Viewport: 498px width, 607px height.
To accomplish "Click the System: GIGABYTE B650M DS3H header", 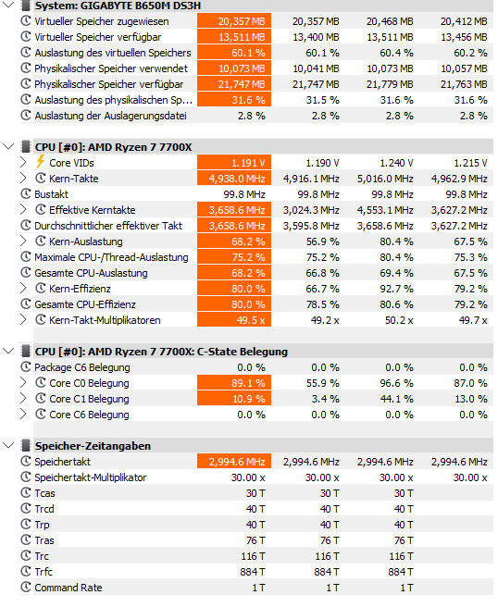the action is pos(118,6).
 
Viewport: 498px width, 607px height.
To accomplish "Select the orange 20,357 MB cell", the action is pos(234,21).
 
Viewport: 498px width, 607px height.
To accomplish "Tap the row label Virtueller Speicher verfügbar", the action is pos(97,37).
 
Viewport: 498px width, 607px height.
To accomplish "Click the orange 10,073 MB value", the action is pos(234,68).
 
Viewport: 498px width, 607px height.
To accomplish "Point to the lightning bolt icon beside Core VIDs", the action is pos(41,161).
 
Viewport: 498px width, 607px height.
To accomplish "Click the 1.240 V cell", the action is pos(396,163).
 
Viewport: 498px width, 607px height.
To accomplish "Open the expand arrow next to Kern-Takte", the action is pos(23,178).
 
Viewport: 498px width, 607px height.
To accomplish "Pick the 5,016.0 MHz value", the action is pos(385,179).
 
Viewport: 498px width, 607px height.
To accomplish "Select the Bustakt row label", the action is pos(51,194).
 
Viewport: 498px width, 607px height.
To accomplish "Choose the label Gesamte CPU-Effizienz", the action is pos(85,304).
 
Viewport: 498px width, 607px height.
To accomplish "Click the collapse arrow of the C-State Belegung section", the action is pos(8,351).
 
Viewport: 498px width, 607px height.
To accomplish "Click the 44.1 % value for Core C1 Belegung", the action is pos(396,399).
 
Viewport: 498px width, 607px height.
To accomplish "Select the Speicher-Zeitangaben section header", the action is pos(93,446).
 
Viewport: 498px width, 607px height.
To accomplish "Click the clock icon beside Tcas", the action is pos(26,493).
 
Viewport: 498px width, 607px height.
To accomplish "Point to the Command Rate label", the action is pos(68,588).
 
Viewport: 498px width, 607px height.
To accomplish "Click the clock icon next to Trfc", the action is pos(26,572).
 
